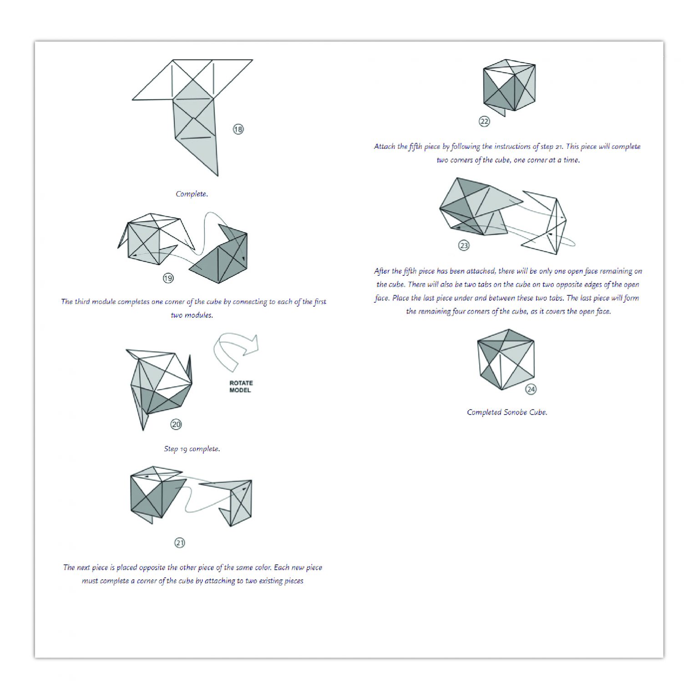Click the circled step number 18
pos(238,129)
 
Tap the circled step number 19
pos(168,278)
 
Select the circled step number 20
pos(176,425)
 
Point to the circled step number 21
pos(180,543)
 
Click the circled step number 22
pos(484,122)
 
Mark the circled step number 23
pos(463,246)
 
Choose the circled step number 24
pos(531,389)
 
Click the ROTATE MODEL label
pos(241,386)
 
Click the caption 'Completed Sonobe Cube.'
pos(507,412)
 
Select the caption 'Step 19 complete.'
pos(192,449)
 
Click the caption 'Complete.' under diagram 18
pos(192,194)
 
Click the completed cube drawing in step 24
pos(505,360)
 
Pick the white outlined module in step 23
pos(548,223)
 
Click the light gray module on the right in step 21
pos(237,501)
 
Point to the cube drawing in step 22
pos(509,86)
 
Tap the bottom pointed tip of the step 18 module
pos(217,175)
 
